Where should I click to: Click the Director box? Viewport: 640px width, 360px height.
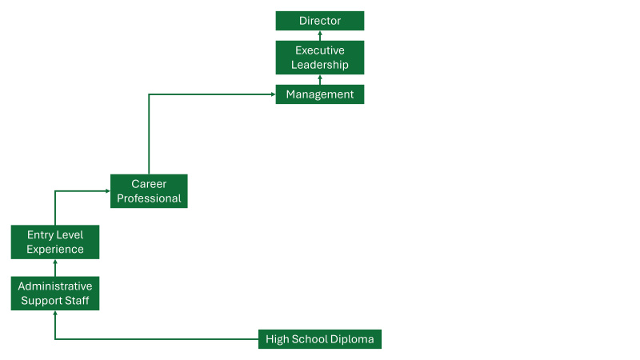point(320,21)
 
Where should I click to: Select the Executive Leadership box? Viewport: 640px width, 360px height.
point(320,58)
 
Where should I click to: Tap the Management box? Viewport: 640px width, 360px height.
point(320,94)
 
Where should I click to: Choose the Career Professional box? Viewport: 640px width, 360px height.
point(149,191)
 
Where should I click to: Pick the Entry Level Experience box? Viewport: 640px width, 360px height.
point(55,242)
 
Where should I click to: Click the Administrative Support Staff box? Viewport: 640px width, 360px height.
point(55,294)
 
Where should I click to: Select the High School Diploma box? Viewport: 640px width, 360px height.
point(320,339)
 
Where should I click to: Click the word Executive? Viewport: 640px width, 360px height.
point(320,50)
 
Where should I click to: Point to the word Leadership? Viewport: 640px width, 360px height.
point(320,65)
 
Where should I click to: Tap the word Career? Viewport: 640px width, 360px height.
point(149,184)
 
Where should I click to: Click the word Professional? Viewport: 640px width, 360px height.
point(149,198)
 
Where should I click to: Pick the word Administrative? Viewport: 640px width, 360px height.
point(55,286)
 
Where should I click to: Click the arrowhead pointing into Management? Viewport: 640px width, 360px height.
point(273,94)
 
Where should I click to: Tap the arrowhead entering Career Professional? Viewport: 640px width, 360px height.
point(107,191)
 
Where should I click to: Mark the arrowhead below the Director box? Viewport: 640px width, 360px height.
point(320,34)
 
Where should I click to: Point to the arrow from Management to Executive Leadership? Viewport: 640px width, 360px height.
point(320,80)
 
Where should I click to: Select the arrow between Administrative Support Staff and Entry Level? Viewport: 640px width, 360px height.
point(55,268)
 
